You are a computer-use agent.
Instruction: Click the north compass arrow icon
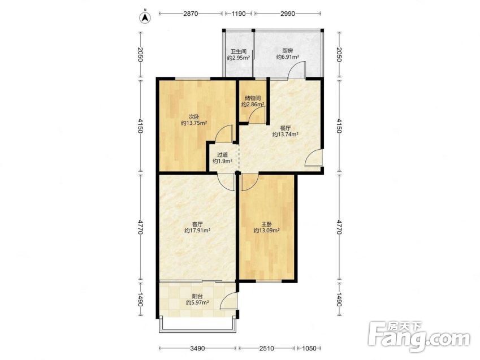click(145, 18)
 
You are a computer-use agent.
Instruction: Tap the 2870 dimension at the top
click(191, 14)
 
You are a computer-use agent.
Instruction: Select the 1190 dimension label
click(239, 14)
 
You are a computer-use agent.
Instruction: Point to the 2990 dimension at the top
click(287, 14)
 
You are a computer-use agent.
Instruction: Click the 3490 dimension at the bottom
click(197, 348)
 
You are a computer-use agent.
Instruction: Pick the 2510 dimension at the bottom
click(266, 348)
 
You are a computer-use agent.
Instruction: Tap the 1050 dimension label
click(309, 348)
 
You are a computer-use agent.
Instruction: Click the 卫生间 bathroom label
click(239, 51)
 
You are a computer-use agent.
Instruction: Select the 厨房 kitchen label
click(287, 51)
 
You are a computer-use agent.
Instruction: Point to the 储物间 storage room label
click(253, 98)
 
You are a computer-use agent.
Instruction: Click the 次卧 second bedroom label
click(193, 117)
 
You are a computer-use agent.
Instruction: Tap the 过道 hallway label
click(222, 155)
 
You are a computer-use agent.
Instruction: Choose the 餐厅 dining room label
click(286, 128)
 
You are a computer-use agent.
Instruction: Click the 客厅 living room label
click(197, 224)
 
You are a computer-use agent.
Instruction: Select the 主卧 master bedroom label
click(266, 224)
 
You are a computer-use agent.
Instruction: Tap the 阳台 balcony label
click(197, 296)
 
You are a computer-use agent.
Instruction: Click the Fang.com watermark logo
click(419, 337)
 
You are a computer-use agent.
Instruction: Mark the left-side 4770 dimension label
click(140, 227)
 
